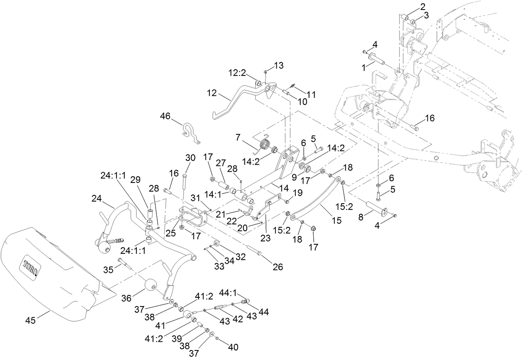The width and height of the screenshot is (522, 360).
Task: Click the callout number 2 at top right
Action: (x=423, y=6)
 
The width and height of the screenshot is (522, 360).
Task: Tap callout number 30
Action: (x=190, y=158)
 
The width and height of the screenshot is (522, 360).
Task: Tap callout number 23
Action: (x=265, y=238)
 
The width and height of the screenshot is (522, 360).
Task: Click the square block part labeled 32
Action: (x=216, y=243)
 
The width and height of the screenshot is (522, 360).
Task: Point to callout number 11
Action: (x=311, y=95)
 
